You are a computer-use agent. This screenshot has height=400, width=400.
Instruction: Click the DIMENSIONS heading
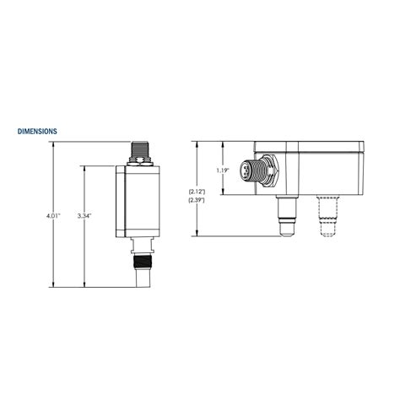point(37,132)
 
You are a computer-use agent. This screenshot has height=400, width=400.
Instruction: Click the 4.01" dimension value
point(52,216)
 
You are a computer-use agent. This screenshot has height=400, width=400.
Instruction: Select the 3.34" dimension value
point(84,216)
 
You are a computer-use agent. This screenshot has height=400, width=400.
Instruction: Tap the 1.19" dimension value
point(223,170)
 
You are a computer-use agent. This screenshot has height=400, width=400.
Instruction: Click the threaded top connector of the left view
point(140,150)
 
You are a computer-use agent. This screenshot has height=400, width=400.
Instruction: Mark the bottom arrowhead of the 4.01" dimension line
point(52,285)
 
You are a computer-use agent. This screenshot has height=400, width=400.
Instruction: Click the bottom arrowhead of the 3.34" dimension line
point(84,285)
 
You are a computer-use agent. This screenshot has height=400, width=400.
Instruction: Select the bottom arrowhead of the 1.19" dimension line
point(223,194)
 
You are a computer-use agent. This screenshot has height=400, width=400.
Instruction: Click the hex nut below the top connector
point(140,161)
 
